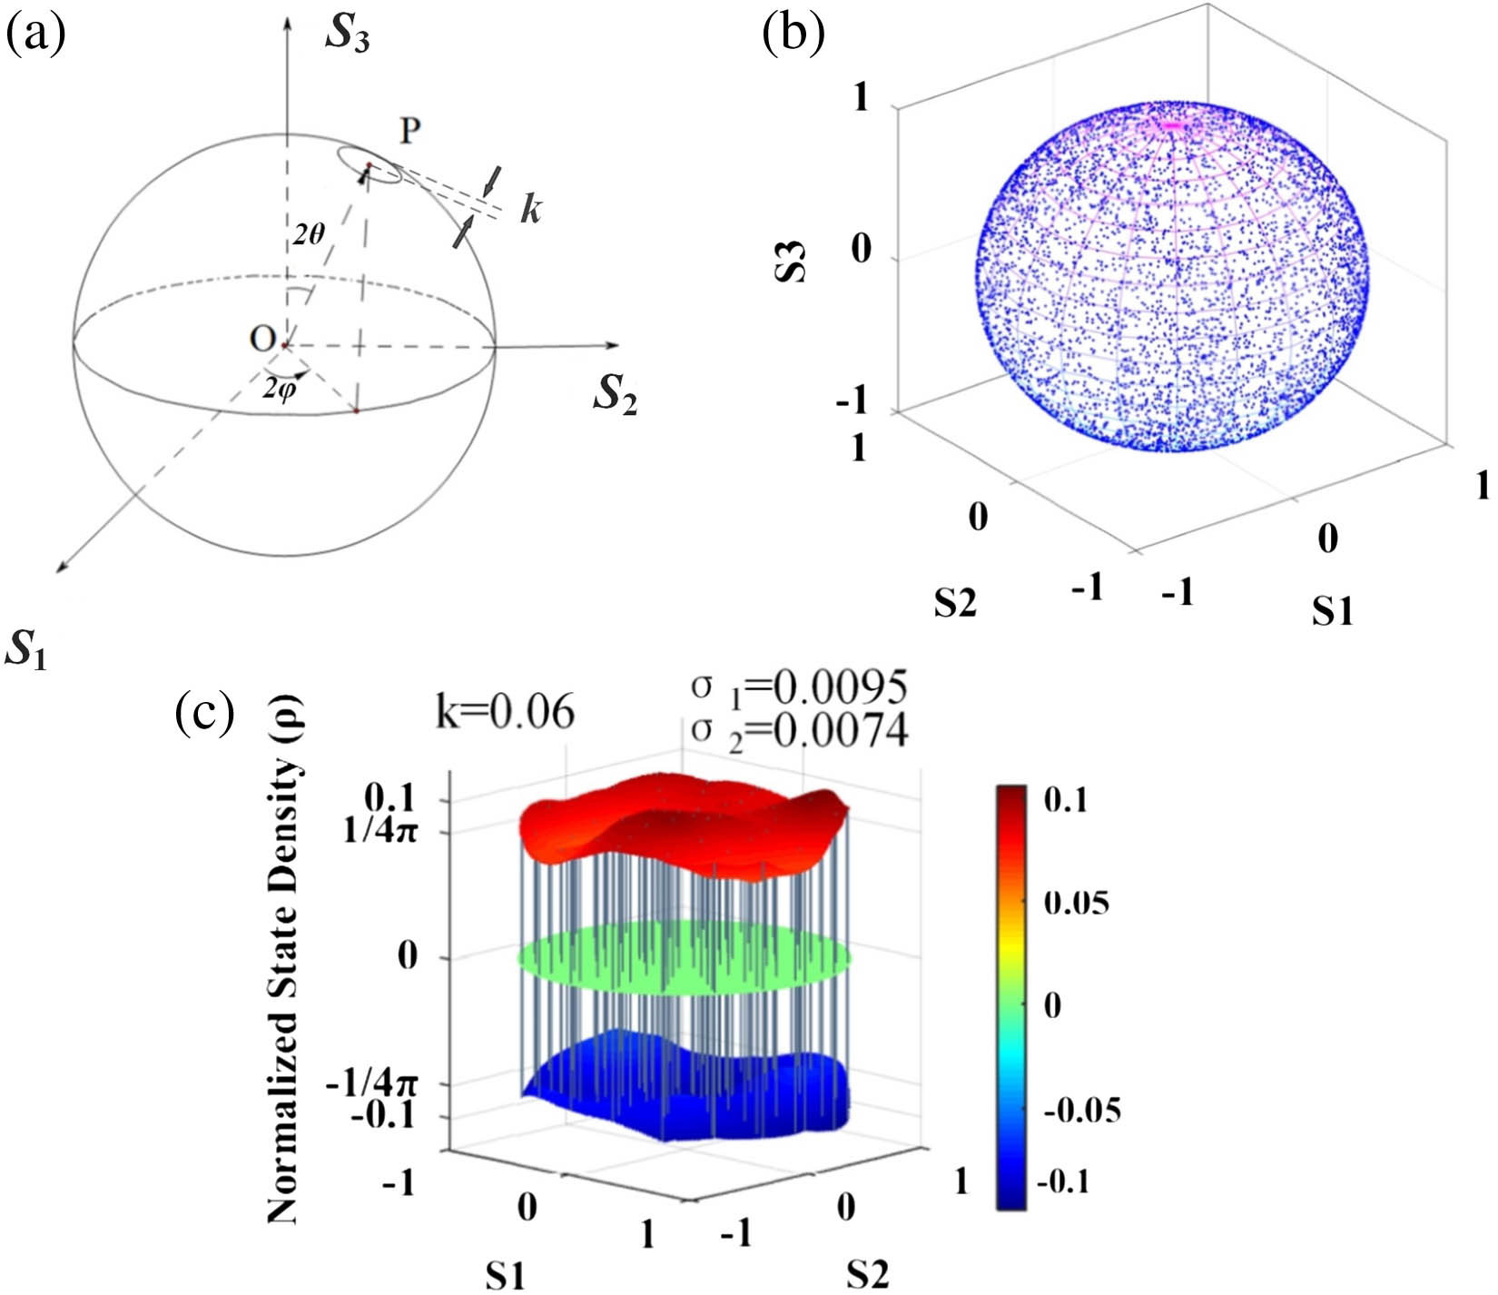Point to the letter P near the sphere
point(410,132)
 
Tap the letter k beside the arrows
point(530,210)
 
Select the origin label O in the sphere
point(262,339)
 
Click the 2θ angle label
point(309,235)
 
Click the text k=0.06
point(505,711)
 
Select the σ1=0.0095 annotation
point(799,687)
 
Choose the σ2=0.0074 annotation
point(799,730)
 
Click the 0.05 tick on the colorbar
point(1077,903)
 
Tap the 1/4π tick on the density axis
point(380,831)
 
